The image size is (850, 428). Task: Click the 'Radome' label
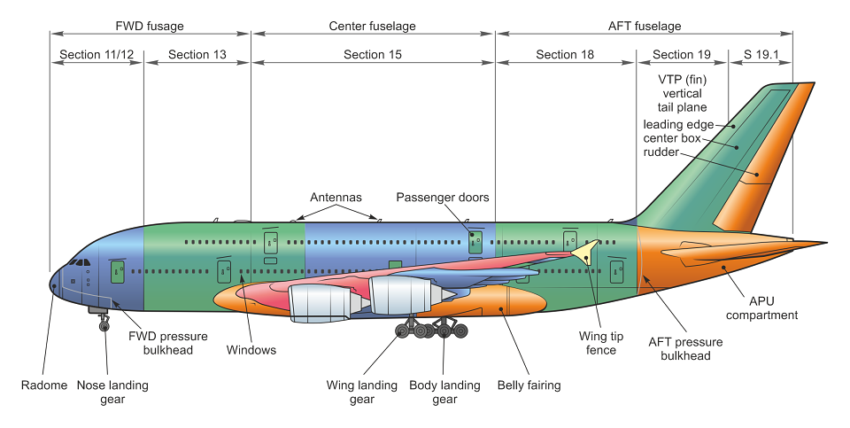click(x=44, y=385)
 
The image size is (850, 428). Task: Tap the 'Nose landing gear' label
click(x=112, y=393)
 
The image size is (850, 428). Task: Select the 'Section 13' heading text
click(x=197, y=54)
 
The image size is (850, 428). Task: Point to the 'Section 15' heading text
click(x=373, y=54)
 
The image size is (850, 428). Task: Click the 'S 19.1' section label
click(x=761, y=54)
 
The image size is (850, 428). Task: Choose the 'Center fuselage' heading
click(x=373, y=26)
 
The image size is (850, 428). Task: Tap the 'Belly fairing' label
click(x=529, y=385)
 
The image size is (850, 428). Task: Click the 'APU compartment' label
click(x=761, y=307)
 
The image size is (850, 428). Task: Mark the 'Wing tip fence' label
click(x=601, y=343)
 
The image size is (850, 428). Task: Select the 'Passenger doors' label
click(x=443, y=197)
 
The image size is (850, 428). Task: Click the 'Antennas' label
click(x=336, y=197)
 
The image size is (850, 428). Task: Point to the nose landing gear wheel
click(x=104, y=325)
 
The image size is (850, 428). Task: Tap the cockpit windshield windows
click(x=80, y=262)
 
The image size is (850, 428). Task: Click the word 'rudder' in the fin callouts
click(x=661, y=152)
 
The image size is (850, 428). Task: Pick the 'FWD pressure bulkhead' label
click(x=168, y=343)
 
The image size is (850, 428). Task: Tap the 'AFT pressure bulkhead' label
click(x=685, y=348)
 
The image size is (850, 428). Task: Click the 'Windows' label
click(x=251, y=350)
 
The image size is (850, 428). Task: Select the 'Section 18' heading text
click(x=565, y=54)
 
